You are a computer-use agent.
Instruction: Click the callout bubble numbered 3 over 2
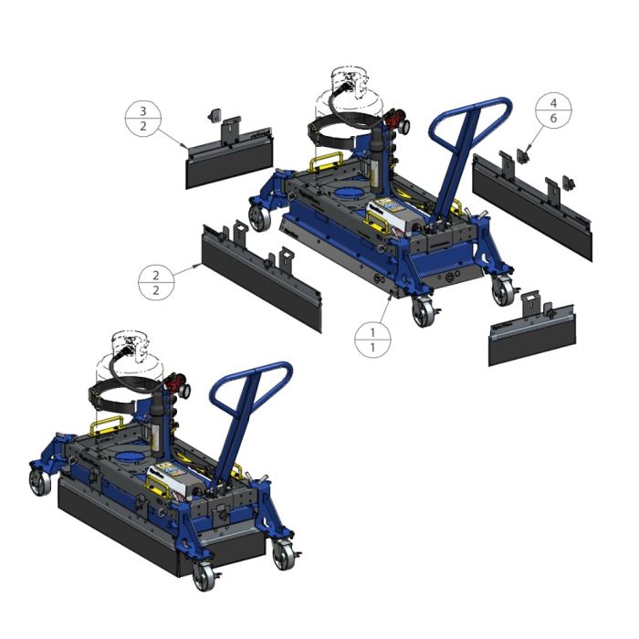pos(142,119)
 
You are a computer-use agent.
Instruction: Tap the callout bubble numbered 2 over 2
pos(156,278)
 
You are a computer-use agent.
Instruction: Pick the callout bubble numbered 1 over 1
pos(372,340)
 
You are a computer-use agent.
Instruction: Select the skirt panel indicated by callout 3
pos(229,157)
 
